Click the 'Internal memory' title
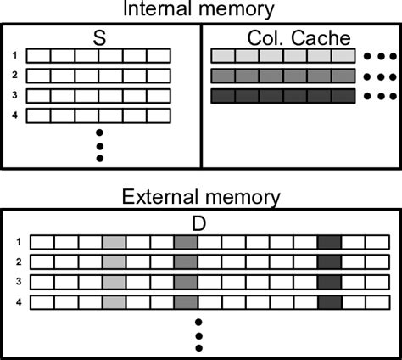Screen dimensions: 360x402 click(200, 9)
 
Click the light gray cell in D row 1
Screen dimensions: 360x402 click(114, 243)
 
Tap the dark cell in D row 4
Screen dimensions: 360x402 click(329, 301)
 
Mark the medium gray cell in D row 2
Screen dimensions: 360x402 click(185, 262)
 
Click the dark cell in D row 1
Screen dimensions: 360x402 click(329, 243)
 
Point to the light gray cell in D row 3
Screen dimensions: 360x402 click(114, 282)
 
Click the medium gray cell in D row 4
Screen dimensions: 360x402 click(185, 301)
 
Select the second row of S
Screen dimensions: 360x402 click(99, 76)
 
